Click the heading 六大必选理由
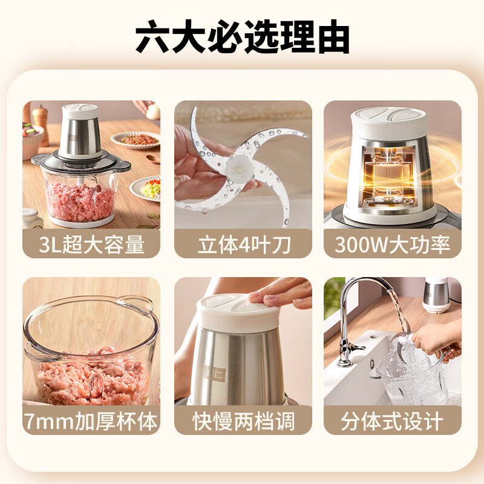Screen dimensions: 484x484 coord(242,38)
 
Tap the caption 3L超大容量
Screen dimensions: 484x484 coord(91,245)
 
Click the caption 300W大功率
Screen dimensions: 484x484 coord(392,245)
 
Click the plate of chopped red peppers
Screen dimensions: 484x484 coord(139,140)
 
